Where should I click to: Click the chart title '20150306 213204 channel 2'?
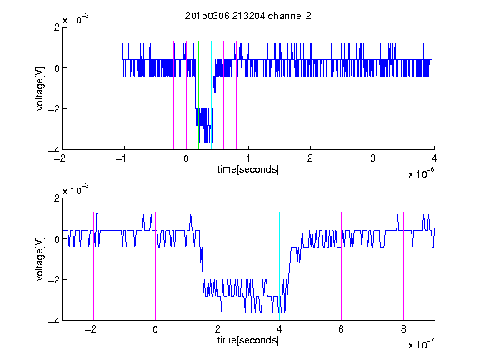click(248, 16)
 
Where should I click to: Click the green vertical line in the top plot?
click(198, 95)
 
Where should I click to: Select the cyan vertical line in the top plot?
click(211, 95)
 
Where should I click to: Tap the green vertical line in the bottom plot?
click(217, 266)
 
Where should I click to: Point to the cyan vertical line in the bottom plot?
click(279, 266)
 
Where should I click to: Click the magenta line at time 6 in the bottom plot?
click(342, 266)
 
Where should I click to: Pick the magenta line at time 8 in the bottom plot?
click(403, 266)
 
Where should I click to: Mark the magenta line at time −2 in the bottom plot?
click(93, 266)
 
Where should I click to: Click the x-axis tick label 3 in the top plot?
click(372, 158)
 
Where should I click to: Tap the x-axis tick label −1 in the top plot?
click(121, 158)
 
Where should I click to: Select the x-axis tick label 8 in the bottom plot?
click(403, 329)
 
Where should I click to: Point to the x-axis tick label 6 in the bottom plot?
click(342, 329)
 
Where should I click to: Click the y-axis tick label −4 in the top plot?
click(54, 150)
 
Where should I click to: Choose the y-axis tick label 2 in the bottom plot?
click(57, 198)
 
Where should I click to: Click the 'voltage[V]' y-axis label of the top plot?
click(40, 88)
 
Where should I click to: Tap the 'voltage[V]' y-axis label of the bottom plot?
click(40, 259)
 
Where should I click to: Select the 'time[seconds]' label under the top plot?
click(248, 169)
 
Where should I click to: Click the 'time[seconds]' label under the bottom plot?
click(248, 340)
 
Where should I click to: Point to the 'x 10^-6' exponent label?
click(421, 173)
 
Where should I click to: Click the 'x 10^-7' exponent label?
click(421, 344)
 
